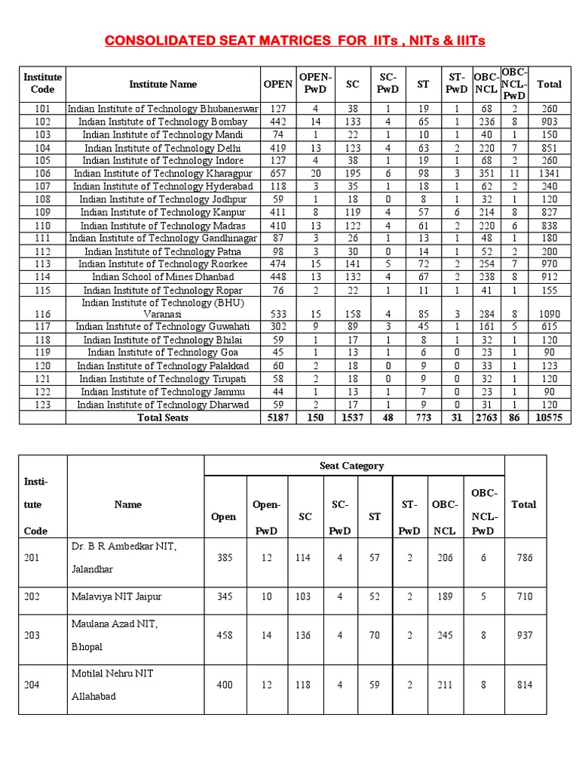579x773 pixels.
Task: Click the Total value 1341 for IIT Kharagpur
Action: click(x=549, y=174)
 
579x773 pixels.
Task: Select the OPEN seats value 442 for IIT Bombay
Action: click(x=277, y=122)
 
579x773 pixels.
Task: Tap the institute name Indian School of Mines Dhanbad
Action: click(x=163, y=277)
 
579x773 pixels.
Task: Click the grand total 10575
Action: click(x=549, y=417)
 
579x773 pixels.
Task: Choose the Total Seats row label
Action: click(x=163, y=417)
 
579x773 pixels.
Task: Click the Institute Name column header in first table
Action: click(x=163, y=85)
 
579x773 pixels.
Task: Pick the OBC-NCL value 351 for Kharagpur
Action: click(x=486, y=174)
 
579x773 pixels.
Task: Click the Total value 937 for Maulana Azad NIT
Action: click(x=525, y=635)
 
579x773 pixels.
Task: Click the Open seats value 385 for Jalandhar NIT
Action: click(x=225, y=558)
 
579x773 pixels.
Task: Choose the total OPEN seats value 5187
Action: click(x=277, y=417)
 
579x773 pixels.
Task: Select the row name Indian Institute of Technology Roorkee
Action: click(x=163, y=264)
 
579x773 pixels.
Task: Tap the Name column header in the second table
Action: click(x=128, y=504)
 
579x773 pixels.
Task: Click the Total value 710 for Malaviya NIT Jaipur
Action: click(x=525, y=596)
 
